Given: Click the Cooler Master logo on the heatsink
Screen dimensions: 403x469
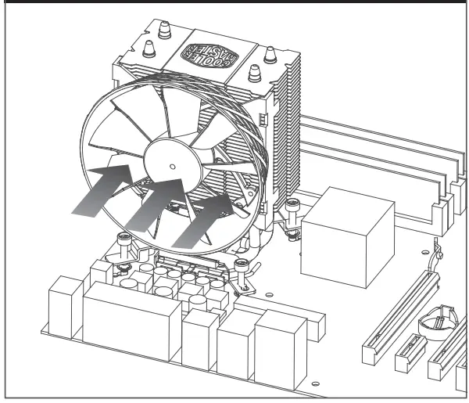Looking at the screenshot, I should click(206, 52).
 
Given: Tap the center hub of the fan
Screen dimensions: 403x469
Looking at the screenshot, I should click(170, 166).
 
